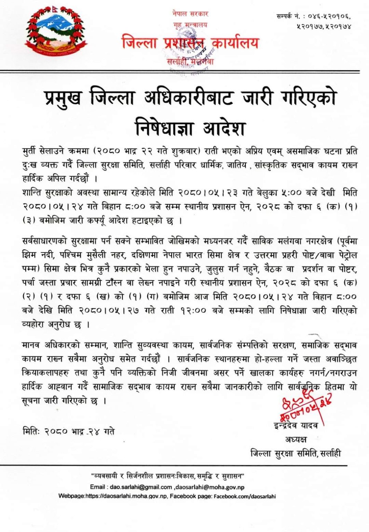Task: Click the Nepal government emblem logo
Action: (56, 32)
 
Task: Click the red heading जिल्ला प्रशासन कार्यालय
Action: (190, 43)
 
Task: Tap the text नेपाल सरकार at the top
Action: (190, 14)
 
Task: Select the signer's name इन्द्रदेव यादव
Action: (295, 426)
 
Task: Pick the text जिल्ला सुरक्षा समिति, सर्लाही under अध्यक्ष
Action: (295, 453)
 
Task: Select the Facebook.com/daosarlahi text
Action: (245, 496)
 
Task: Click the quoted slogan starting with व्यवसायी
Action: (168, 476)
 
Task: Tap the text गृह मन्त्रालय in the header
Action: (190, 25)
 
